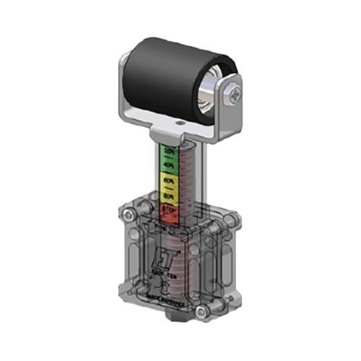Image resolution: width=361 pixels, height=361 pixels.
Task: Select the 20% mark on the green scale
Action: pyautogui.click(x=170, y=151)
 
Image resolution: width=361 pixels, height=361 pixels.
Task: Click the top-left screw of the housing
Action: pyautogui.click(x=129, y=215)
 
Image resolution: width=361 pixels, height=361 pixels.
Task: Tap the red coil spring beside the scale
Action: pyautogui.click(x=189, y=180)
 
